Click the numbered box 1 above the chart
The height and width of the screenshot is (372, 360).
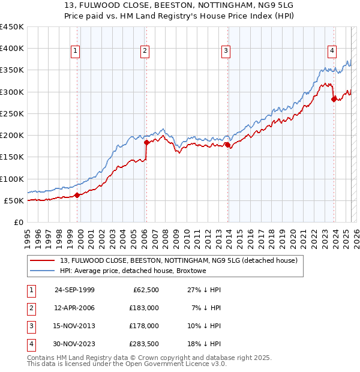76,52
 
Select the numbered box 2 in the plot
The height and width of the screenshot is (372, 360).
145,52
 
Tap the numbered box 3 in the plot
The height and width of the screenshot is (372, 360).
226,52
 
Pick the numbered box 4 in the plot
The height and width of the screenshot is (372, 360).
332,52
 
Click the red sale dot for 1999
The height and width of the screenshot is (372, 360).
77,195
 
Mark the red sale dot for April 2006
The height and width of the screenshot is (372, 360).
146,143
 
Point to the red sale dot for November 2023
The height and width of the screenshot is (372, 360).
334,99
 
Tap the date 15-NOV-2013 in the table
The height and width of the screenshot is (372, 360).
74,326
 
